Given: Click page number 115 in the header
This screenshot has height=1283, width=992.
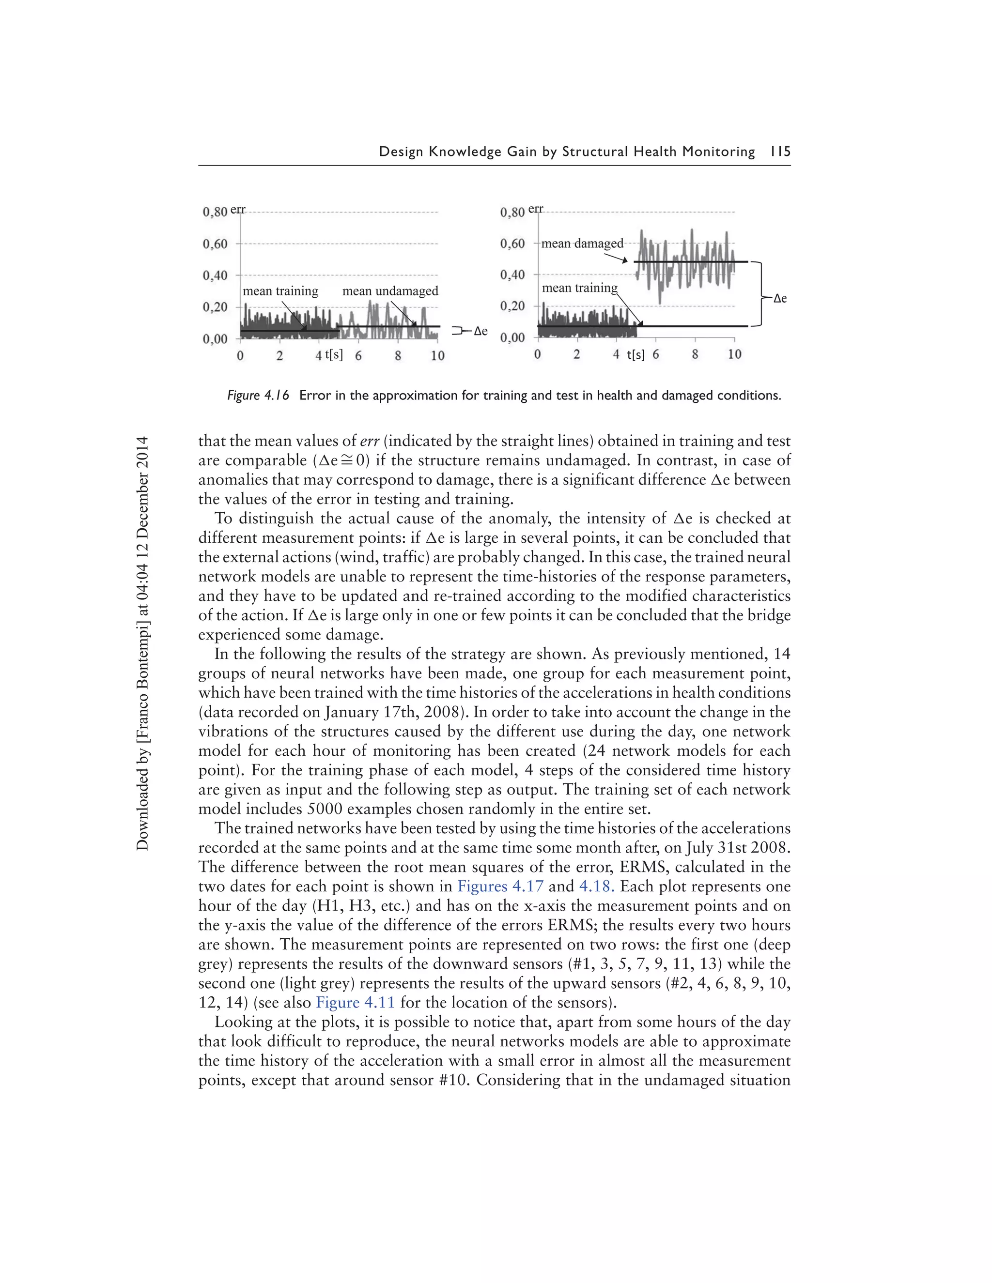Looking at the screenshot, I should [780, 152].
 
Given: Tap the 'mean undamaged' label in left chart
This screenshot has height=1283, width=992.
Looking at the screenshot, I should [390, 291].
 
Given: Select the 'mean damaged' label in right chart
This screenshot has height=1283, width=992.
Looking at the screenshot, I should [582, 243].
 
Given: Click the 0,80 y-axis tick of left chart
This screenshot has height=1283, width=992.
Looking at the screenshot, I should [215, 212].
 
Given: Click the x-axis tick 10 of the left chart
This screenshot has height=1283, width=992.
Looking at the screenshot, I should [437, 355].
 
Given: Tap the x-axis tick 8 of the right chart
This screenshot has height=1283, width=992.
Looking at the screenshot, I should [695, 354].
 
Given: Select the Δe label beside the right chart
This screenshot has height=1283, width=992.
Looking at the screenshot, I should [780, 298].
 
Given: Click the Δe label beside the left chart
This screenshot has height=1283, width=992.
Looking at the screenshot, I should [480, 331].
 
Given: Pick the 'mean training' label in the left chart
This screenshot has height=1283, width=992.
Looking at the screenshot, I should [280, 291].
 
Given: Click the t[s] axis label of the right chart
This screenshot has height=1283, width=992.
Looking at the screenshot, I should [635, 355].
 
